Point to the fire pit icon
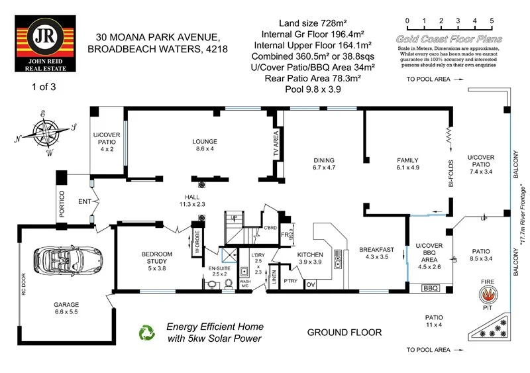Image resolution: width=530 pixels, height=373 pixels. click(489, 293)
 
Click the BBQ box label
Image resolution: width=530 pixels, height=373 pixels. click(431, 288)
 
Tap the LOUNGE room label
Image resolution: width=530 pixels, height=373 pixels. click(205, 141)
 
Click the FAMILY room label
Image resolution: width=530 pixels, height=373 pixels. click(407, 160)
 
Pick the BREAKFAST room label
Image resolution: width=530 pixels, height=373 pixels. click(376, 249)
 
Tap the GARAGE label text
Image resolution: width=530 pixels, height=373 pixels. click(66, 305)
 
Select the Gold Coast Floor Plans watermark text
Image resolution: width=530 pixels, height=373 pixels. click(449, 39)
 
